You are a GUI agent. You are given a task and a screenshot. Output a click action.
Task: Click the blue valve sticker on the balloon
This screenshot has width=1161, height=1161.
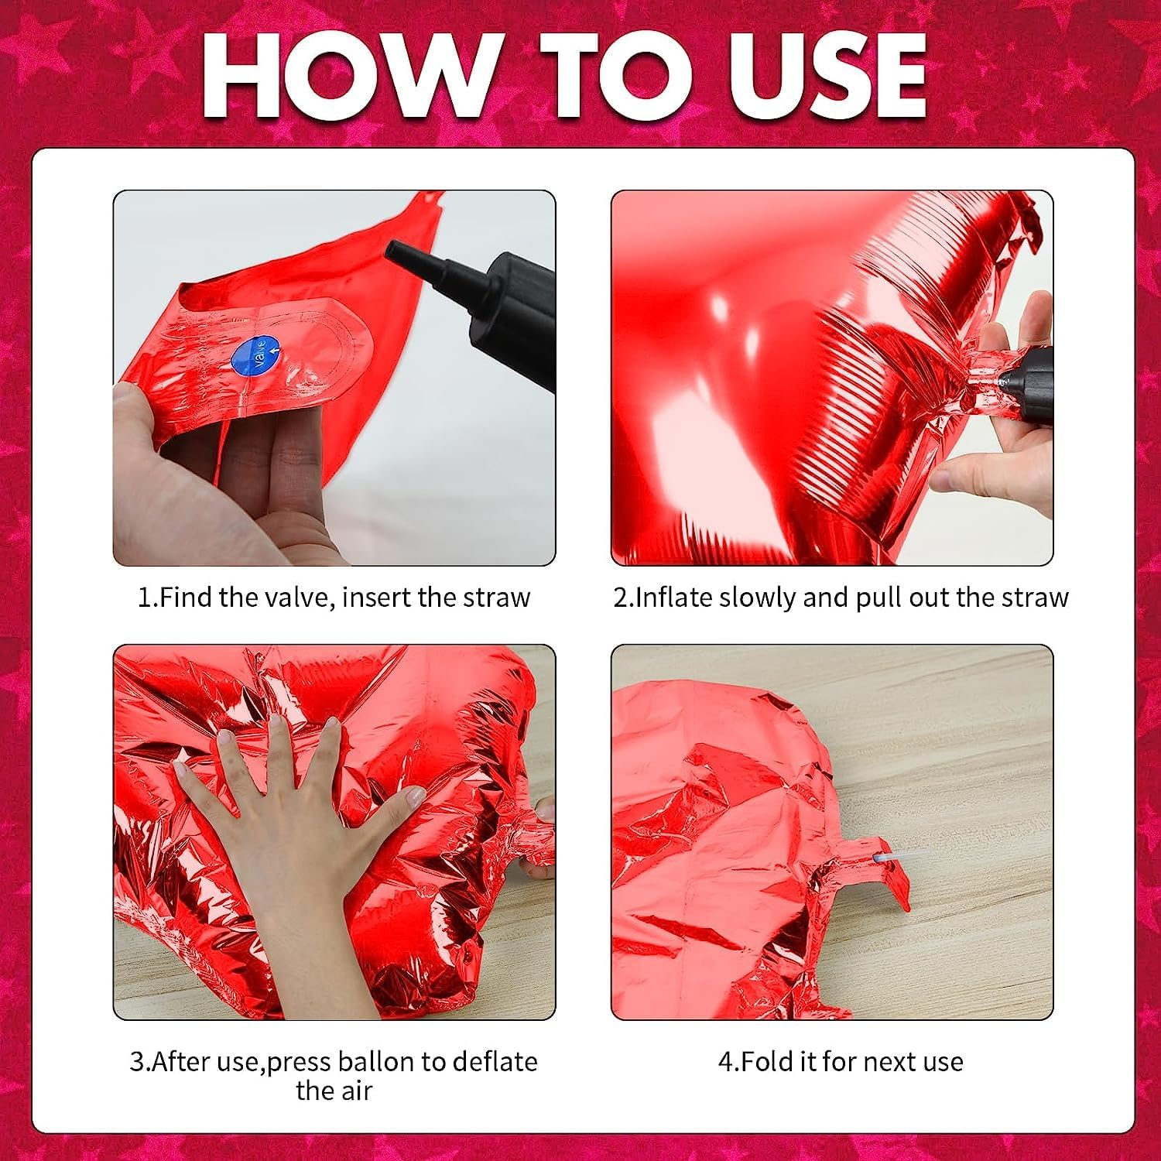click(x=256, y=356)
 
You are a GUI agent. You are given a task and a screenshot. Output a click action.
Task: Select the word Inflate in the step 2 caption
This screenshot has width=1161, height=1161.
click(x=674, y=598)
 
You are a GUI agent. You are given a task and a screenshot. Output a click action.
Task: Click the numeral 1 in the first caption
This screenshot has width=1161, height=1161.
click(x=144, y=598)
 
